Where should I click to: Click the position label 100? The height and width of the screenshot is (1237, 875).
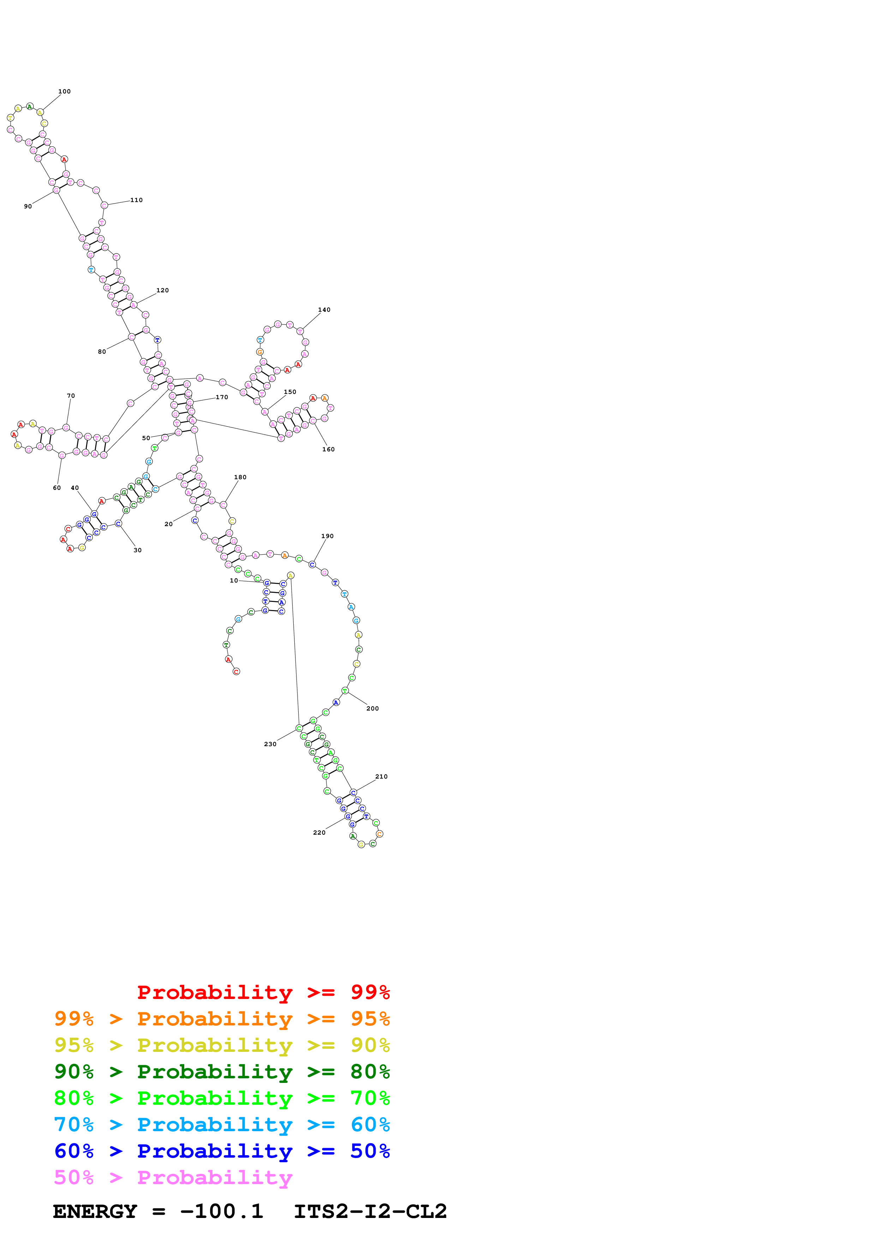coord(64,92)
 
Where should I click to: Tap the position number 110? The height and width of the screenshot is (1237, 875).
coord(136,200)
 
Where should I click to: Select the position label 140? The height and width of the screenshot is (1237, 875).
coord(324,310)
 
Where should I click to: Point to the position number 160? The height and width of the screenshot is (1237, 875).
coord(328,449)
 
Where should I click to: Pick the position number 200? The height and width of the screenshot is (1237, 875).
coord(372,708)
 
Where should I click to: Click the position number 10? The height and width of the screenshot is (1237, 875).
coord(233,581)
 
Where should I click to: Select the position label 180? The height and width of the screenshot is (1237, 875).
coord(240,477)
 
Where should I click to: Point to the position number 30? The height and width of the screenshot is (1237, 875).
coord(137,550)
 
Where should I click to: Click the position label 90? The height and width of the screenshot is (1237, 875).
coord(28,206)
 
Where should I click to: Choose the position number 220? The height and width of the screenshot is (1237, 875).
coord(319,833)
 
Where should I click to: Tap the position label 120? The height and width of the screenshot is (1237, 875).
coord(162,291)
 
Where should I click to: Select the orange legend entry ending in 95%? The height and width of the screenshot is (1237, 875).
coord(222,1019)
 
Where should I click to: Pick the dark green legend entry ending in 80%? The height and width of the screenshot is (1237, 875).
coord(222,1072)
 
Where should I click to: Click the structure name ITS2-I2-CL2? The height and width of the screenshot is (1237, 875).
coord(370,1211)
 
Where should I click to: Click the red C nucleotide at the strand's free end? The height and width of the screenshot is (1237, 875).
coord(236,671)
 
